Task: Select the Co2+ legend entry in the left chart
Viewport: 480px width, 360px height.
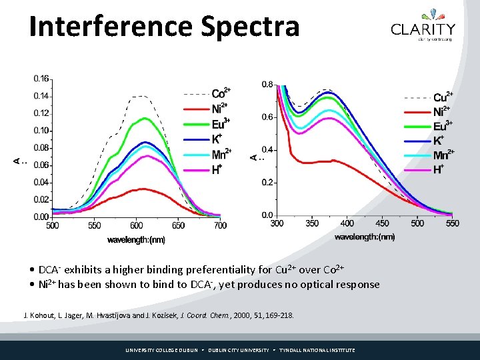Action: (x=221, y=93)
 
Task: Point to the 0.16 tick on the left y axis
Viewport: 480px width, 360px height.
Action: (x=41, y=79)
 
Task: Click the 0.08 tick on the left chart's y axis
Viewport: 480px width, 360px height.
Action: (x=41, y=148)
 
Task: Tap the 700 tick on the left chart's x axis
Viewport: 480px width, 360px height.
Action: (x=220, y=226)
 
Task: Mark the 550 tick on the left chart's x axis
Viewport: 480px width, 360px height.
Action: (x=94, y=226)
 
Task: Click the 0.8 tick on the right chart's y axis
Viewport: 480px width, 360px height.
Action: (x=267, y=84)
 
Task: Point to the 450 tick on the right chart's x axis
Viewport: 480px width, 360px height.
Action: (x=382, y=223)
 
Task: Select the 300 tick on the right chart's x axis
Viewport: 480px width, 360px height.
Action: (x=277, y=223)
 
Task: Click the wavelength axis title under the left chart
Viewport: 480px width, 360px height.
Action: (x=136, y=240)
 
